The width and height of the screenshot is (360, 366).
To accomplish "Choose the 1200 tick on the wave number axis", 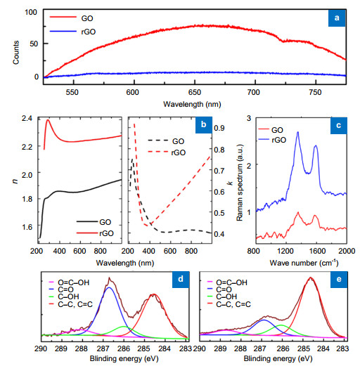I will pyautogui.click(x=287, y=249).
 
